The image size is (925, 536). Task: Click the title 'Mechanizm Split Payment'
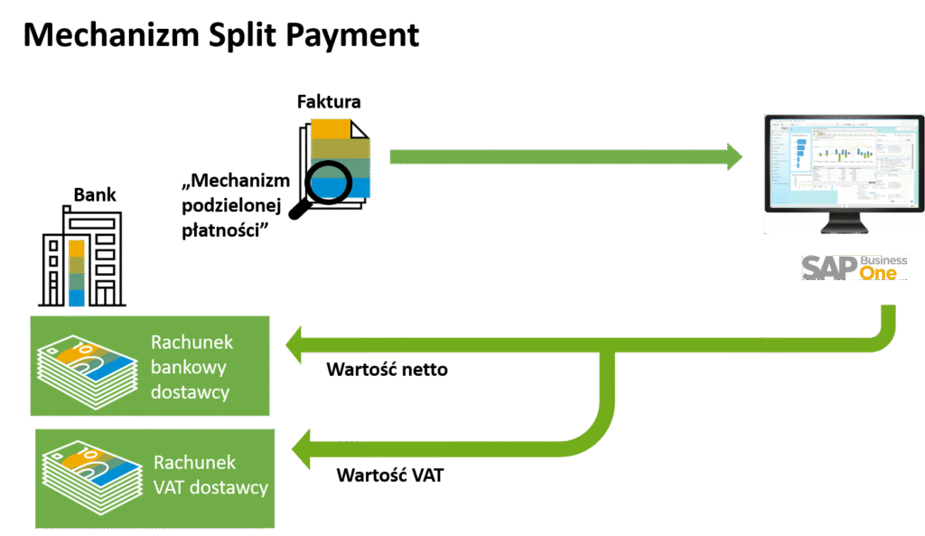[220, 35]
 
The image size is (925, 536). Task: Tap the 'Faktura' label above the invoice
[330, 102]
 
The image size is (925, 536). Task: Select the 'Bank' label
[95, 194]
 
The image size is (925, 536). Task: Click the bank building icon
[82, 259]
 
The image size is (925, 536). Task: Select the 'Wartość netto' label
[387, 370]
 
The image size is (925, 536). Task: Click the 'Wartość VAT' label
[390, 475]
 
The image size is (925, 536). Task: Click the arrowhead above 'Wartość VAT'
[304, 447]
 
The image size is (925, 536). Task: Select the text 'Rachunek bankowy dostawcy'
[191, 367]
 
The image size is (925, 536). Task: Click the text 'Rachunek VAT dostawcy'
[210, 475]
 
